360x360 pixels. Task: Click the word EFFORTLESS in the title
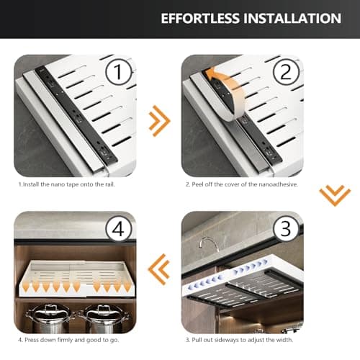(x=200, y=19)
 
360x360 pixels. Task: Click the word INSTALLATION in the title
(x=292, y=19)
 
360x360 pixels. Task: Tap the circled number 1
(x=119, y=71)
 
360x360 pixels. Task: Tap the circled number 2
(x=286, y=71)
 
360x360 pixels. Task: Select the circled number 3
(x=285, y=229)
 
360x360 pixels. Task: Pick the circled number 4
(x=119, y=229)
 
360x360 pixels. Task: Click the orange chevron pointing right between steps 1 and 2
(x=159, y=121)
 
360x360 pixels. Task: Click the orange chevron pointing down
(x=335, y=196)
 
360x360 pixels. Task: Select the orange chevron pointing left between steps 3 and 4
(x=159, y=269)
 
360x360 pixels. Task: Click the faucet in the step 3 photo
(x=209, y=244)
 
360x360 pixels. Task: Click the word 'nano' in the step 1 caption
(x=58, y=184)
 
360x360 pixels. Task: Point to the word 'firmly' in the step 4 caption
(x=65, y=340)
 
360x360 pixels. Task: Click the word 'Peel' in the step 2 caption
(x=197, y=184)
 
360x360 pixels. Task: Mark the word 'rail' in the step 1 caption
(x=110, y=184)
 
